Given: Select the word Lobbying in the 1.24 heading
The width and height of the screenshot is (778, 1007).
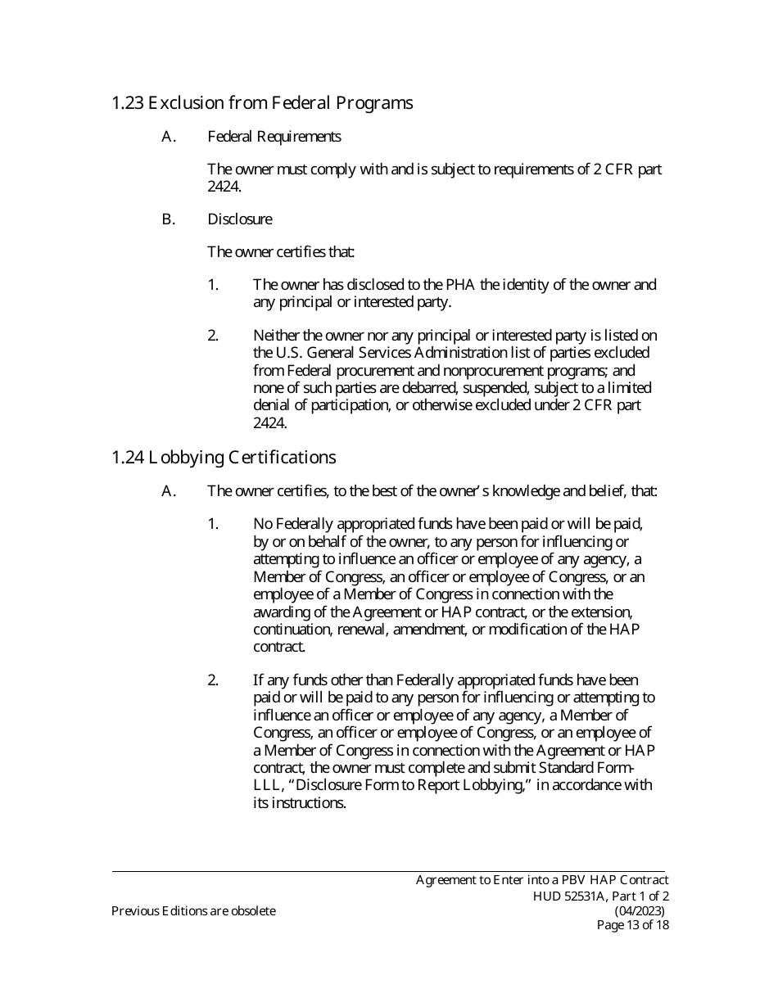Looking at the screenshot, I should [182, 457].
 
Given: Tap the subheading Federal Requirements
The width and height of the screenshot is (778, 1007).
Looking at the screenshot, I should [274, 137].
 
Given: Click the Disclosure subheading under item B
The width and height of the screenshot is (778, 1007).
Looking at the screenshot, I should [240, 219].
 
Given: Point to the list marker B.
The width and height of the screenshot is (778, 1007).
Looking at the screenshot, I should [169, 219].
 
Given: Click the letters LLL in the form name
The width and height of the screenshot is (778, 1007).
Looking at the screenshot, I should [267, 786].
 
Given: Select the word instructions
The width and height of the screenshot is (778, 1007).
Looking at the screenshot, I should [309, 803].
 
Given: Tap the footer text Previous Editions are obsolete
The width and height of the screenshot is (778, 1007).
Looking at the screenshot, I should [193, 911].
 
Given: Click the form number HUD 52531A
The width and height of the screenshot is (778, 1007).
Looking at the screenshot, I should [572, 896].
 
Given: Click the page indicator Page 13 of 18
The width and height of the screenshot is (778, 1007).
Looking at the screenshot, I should [632, 926].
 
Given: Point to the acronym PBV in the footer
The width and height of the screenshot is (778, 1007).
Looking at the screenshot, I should [557, 880].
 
